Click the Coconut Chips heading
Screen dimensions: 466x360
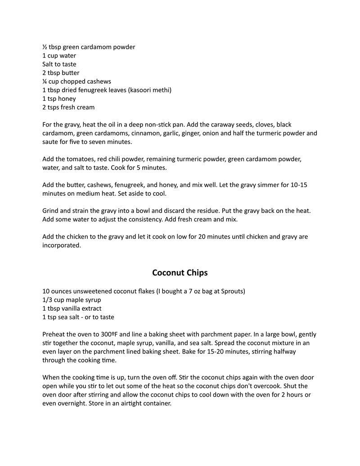(x=180, y=273)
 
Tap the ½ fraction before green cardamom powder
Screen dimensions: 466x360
(x=45, y=47)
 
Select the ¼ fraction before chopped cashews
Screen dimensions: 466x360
(x=45, y=81)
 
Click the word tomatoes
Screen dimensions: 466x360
(x=81, y=159)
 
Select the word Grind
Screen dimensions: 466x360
(x=51, y=211)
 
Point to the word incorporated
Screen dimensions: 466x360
(x=62, y=245)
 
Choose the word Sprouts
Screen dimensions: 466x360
(x=232, y=291)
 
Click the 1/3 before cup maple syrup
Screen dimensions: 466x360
(x=48, y=300)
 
